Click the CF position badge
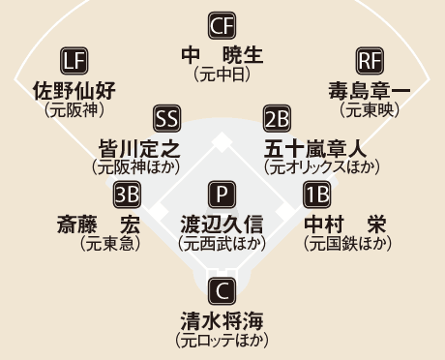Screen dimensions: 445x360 tap(222, 25)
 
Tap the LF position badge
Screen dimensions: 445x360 tap(74, 61)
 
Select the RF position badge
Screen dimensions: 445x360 tap(370, 61)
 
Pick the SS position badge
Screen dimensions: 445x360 tap(166, 118)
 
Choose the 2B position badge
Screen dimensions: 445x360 tap(277, 118)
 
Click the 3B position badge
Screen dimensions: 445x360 tap(127, 195)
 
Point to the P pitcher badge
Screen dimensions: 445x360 tap(222, 195)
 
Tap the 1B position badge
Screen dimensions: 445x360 tap(317, 195)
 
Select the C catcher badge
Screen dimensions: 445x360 tap(222, 291)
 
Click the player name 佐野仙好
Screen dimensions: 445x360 tap(74, 90)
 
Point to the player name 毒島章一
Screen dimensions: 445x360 tap(370, 90)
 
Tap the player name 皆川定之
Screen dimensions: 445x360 tap(139, 149)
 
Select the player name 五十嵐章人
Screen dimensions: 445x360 tap(315, 149)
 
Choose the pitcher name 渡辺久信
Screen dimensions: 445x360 tap(222, 225)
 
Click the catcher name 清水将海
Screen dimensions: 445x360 tap(222, 320)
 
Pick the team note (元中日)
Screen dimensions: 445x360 tap(222, 75)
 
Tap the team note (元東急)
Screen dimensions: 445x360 tap(110, 244)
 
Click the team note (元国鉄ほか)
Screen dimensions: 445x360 tap(347, 244)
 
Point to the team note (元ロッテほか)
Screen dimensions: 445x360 tap(222, 341)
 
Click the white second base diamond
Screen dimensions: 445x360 tap(222, 142)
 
